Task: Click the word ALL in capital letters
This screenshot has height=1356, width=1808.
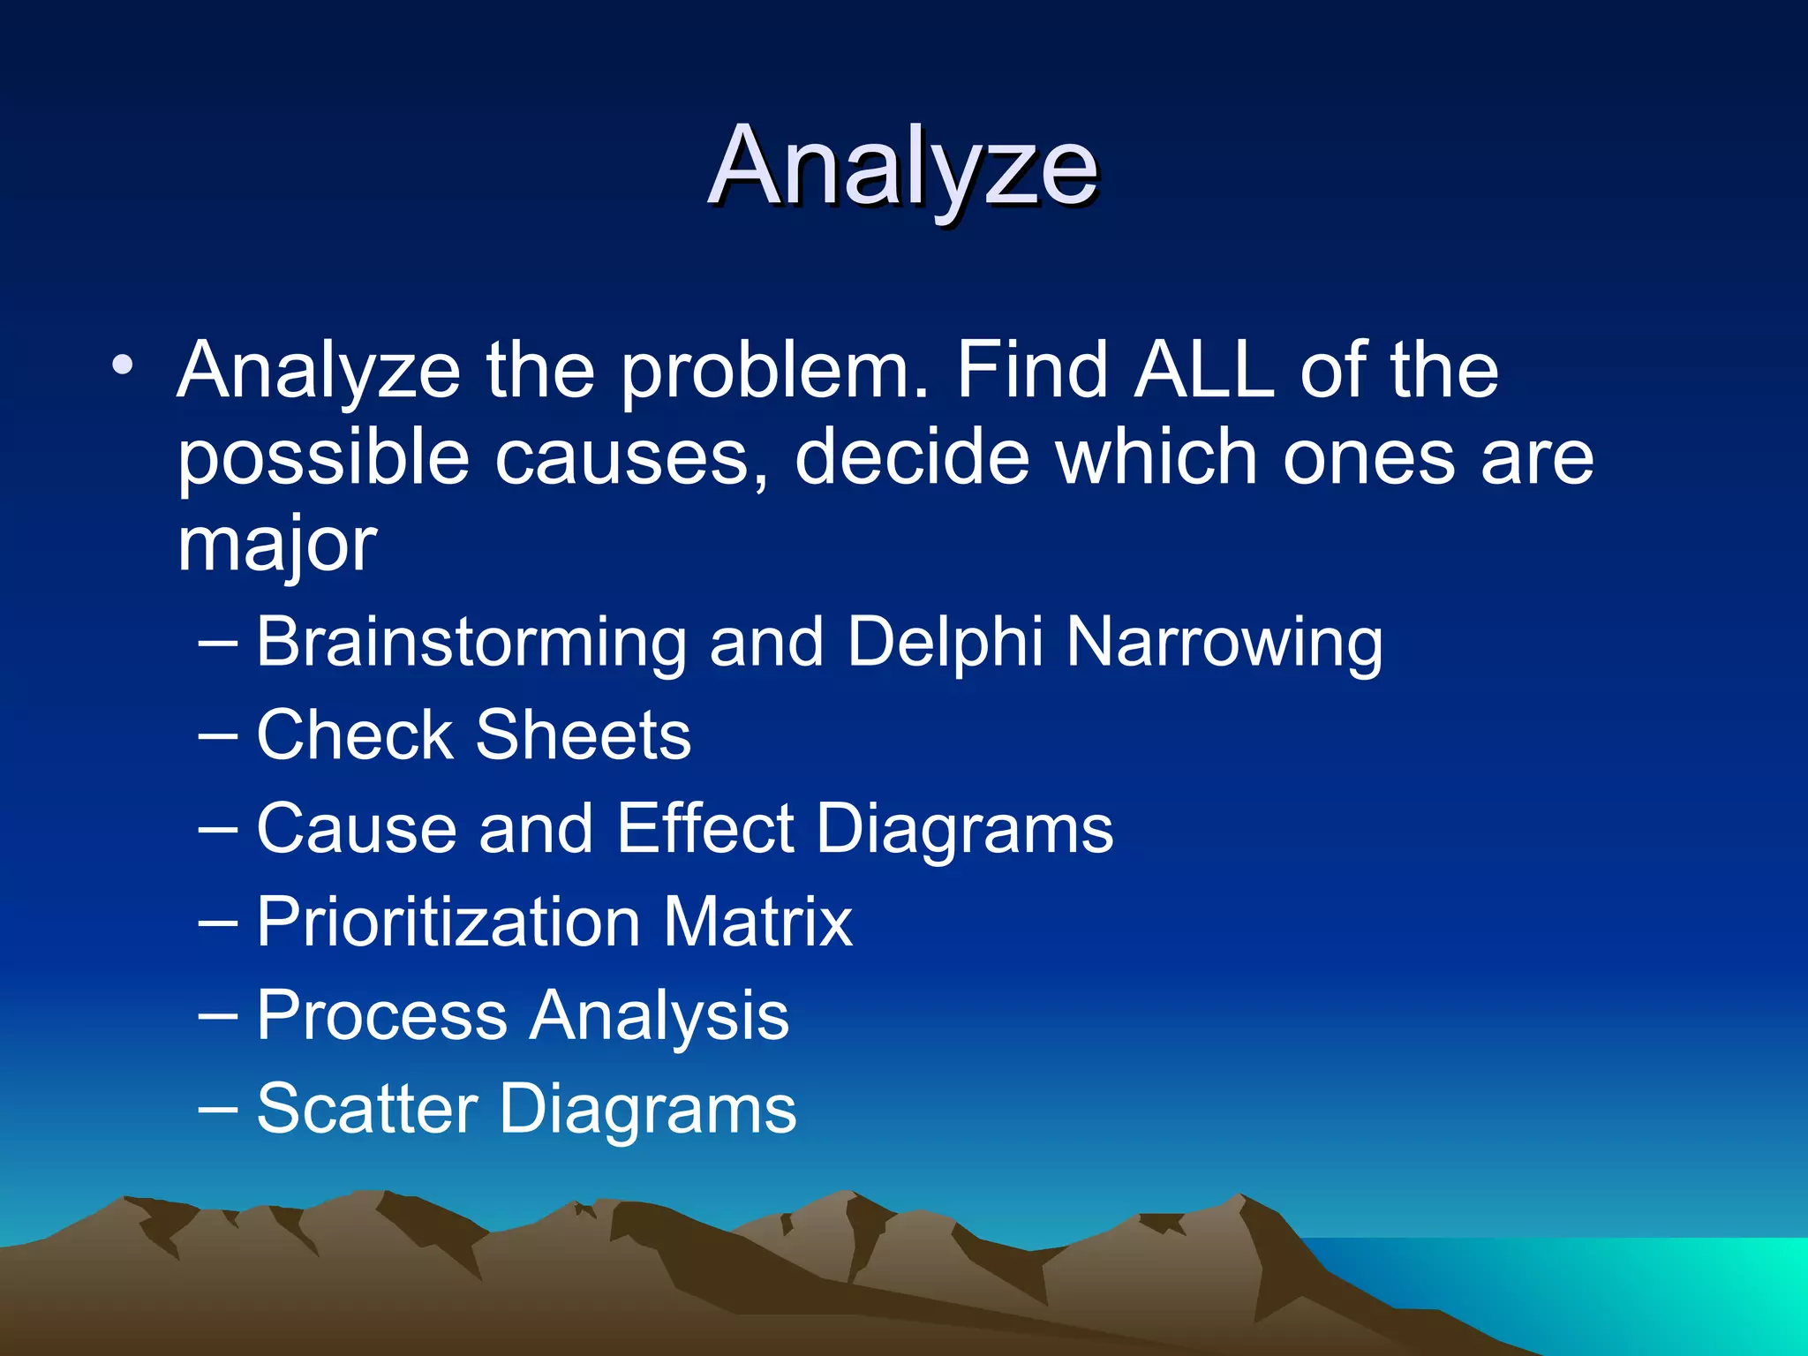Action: [1204, 371]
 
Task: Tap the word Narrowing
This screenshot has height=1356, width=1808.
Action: [1224, 643]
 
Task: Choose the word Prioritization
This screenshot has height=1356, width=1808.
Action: [448, 923]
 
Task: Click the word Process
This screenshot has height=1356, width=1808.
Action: [381, 1016]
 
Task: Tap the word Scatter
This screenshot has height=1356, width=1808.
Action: [366, 1110]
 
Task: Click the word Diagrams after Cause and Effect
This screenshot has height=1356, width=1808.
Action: [964, 831]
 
